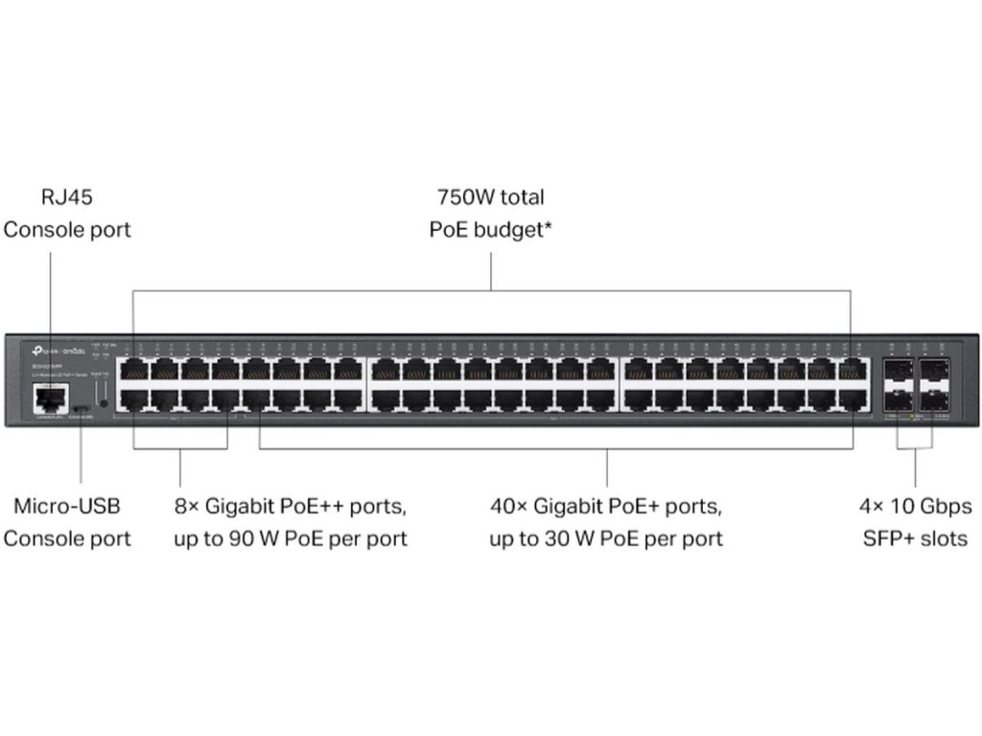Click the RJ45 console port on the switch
click(49, 395)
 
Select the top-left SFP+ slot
click(900, 369)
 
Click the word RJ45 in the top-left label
click(67, 197)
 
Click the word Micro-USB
click(67, 506)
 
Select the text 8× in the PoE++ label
click(186, 506)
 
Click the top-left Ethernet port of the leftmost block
click(133, 368)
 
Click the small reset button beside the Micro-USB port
click(102, 403)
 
